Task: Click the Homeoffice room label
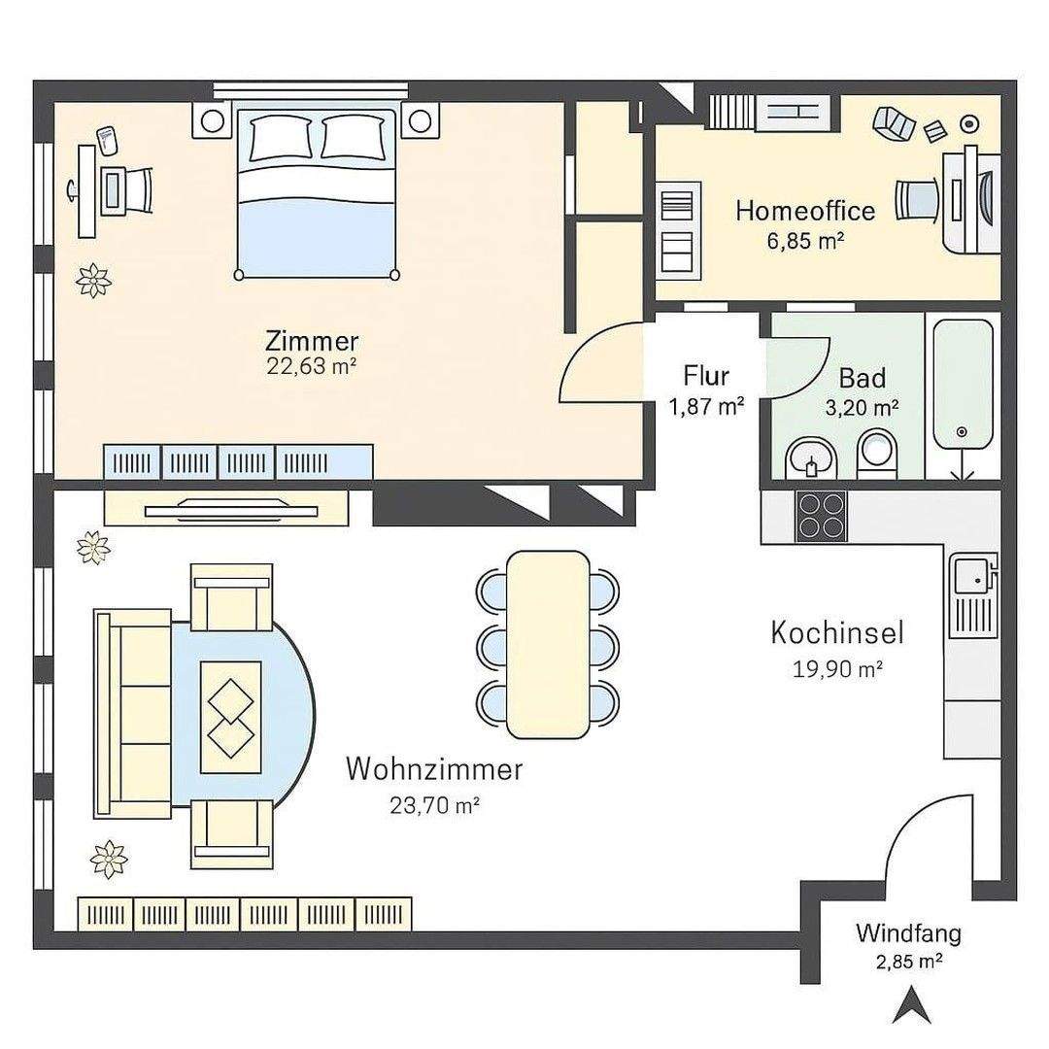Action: (x=805, y=211)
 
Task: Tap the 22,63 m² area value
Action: (x=311, y=366)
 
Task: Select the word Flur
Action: (x=706, y=376)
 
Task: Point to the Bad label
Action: (x=863, y=379)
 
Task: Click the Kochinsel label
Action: (x=837, y=633)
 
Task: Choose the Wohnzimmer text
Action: (x=434, y=769)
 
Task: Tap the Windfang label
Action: (x=908, y=933)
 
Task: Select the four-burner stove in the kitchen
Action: (x=821, y=517)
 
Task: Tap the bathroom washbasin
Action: (x=811, y=458)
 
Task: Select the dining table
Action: (x=548, y=644)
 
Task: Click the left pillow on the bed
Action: (x=281, y=138)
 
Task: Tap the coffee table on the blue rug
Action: (x=231, y=717)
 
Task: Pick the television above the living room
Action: (x=231, y=511)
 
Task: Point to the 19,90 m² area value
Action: (x=837, y=669)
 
